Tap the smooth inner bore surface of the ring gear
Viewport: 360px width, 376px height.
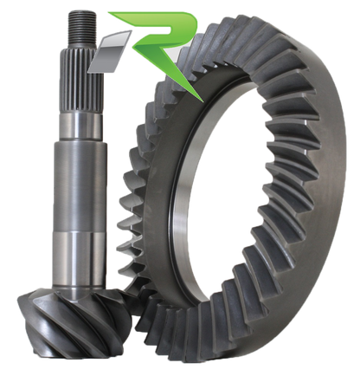pyautogui.click(x=216, y=208)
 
